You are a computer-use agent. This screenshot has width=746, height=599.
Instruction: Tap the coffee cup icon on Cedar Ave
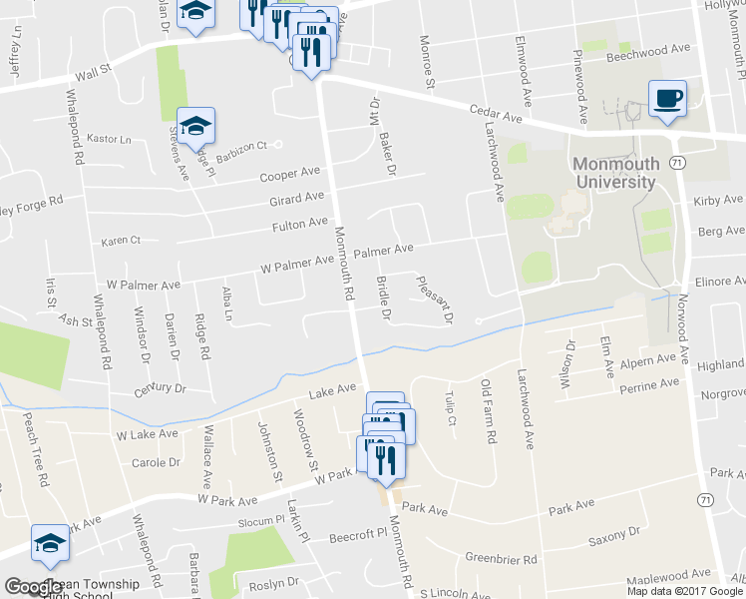667,99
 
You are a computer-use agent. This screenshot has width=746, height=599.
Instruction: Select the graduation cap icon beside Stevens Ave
196,125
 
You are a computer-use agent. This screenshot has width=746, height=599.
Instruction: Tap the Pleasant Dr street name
434,299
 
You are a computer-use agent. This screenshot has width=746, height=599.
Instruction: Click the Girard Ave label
297,199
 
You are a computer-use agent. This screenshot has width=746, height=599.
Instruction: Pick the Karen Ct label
122,241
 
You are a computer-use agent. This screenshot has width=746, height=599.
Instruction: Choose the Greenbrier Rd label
502,558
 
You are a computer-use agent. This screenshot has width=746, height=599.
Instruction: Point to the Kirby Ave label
720,201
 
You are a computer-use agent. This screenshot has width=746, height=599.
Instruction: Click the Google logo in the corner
33,587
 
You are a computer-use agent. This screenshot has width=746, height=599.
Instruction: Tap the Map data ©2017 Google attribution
685,591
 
